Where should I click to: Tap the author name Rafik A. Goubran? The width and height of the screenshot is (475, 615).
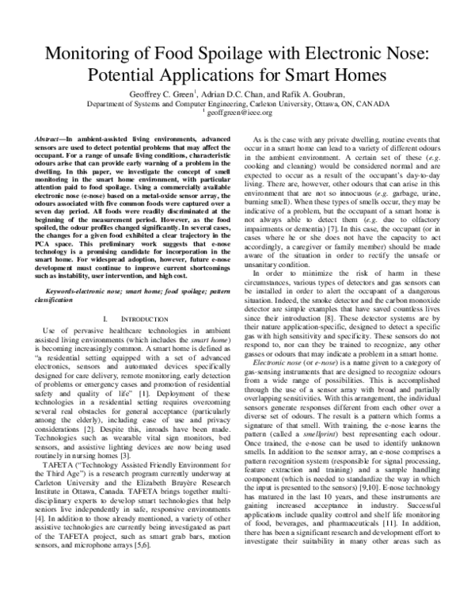click(x=308, y=92)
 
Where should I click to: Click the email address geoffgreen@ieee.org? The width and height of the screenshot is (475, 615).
click(x=239, y=113)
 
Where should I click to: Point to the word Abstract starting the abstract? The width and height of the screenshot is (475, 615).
click(x=50, y=139)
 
